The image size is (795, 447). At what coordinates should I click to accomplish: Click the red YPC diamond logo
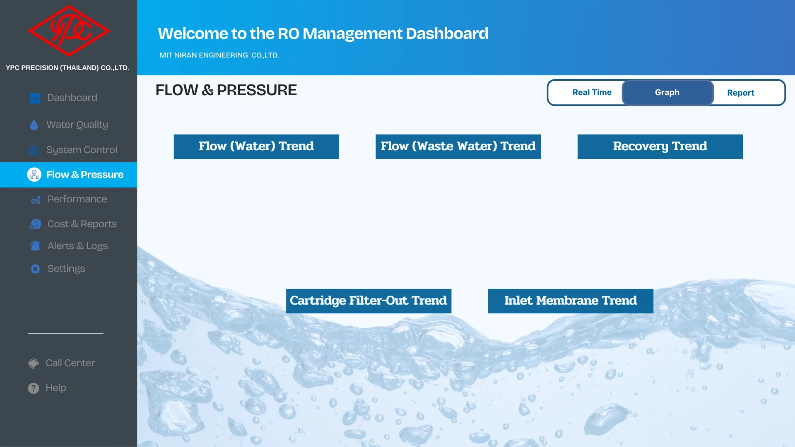[x=69, y=31]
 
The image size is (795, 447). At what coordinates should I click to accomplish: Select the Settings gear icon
[x=35, y=269]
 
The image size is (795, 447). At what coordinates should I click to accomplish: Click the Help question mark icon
[x=34, y=388]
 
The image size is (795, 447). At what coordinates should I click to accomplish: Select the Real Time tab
[x=592, y=92]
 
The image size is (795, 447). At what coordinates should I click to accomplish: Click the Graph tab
[x=667, y=92]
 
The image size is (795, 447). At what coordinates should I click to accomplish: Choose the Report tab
[x=740, y=93]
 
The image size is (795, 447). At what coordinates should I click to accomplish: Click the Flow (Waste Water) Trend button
[x=458, y=147]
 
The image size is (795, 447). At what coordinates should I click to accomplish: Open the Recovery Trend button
[x=660, y=147]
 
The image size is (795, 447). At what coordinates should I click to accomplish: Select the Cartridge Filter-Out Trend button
[x=369, y=301]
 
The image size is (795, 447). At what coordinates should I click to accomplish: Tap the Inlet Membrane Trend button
[x=571, y=301]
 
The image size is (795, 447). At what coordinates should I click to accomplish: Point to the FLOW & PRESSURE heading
[x=226, y=90]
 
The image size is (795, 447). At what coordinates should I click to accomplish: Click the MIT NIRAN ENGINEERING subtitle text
[x=219, y=55]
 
